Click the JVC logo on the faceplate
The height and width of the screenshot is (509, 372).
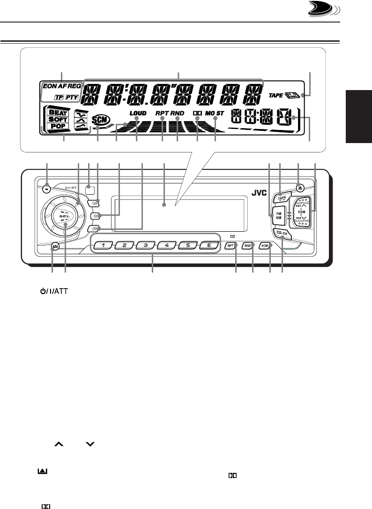pyautogui.click(x=255, y=191)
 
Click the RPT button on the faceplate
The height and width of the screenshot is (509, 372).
pyautogui.click(x=230, y=246)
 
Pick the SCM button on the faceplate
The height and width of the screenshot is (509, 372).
pyautogui.click(x=265, y=246)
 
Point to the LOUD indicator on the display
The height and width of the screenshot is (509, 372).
pyautogui.click(x=138, y=113)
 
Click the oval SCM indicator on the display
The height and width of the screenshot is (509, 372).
pyautogui.click(x=99, y=120)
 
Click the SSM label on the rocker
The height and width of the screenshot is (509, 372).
pyautogui.click(x=302, y=212)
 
